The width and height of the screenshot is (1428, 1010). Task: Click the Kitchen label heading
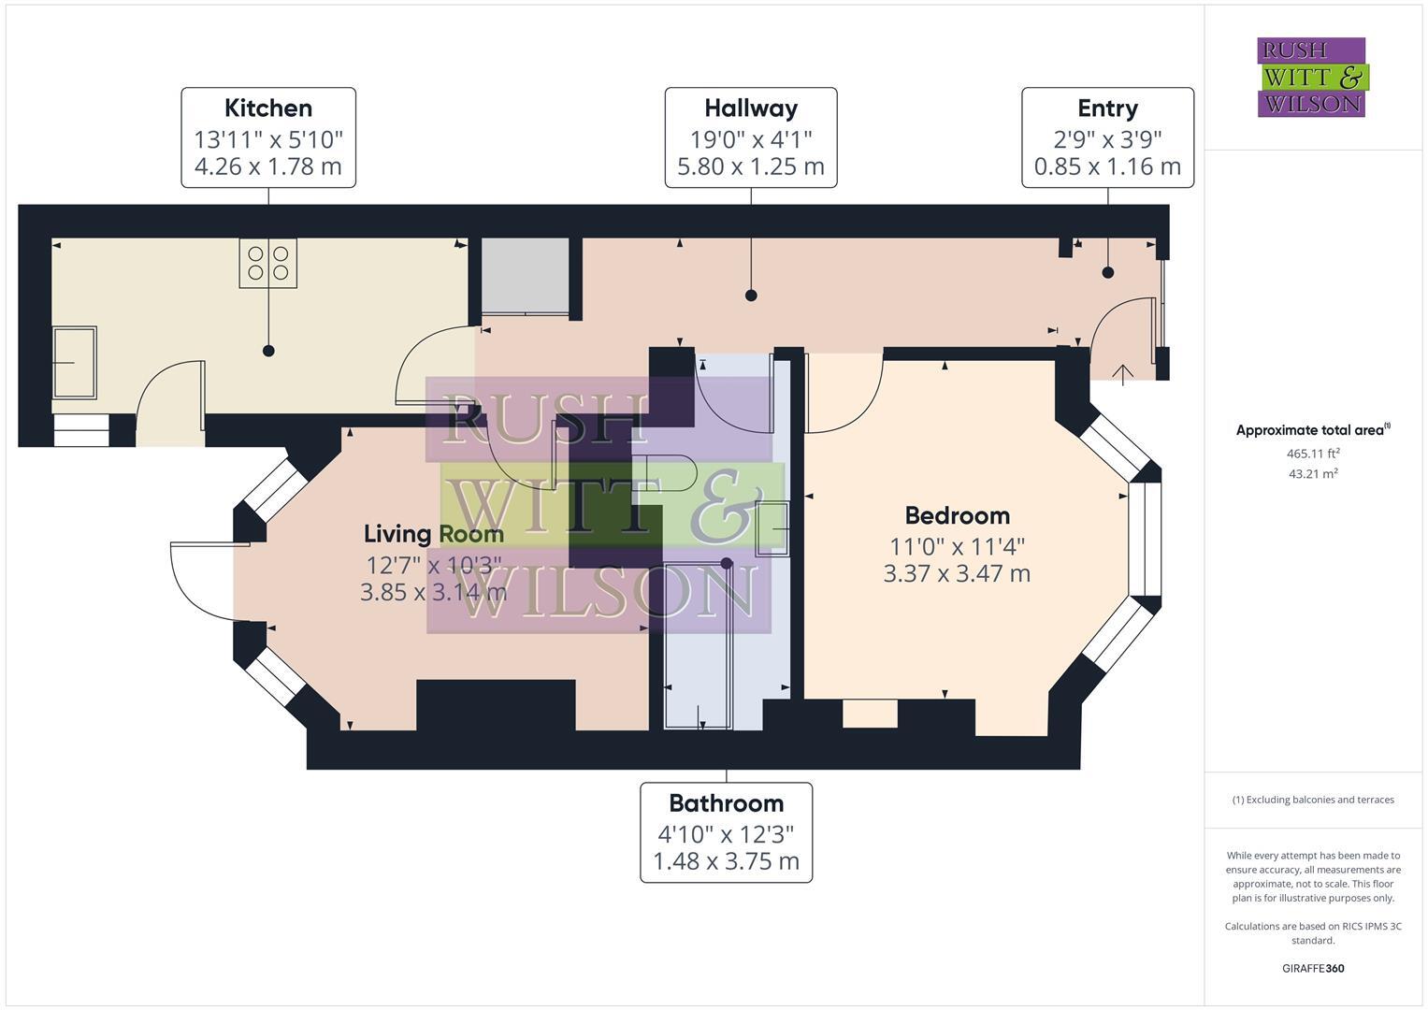(268, 108)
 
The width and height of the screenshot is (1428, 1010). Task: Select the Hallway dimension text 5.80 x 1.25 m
(750, 167)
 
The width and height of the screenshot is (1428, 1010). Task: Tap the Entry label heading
(1107, 108)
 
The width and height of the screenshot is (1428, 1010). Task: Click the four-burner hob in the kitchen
(268, 262)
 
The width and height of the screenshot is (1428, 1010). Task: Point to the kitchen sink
(74, 362)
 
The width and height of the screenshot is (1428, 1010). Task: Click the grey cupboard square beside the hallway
(525, 276)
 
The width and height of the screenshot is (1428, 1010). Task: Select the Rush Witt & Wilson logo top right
(1311, 77)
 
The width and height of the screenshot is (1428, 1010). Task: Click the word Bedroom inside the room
(957, 515)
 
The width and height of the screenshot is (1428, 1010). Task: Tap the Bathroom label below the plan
(726, 803)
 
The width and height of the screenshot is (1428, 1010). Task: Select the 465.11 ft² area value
(1312, 454)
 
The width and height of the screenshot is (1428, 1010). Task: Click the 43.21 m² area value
(1312, 474)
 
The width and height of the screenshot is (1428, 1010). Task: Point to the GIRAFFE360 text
(1312, 968)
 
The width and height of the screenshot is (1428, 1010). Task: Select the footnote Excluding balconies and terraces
(1312, 800)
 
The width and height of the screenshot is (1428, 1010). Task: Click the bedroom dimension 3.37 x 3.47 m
(957, 573)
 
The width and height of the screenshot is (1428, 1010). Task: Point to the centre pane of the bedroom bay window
(1146, 539)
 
